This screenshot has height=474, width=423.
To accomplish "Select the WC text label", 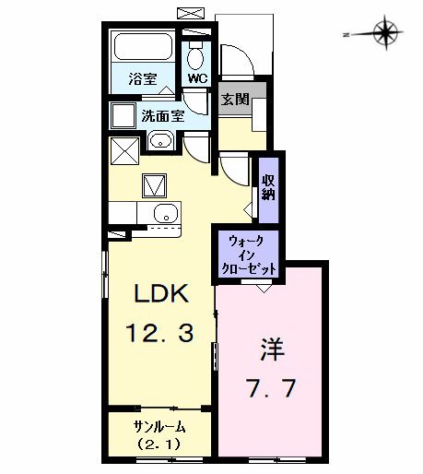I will pos(197,79).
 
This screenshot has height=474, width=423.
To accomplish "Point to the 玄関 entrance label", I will pos(234,99).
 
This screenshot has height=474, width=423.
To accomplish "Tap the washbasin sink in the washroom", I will pos(159,141).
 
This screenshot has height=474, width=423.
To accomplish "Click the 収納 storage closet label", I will pos(268,186).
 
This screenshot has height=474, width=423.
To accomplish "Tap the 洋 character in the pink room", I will pos(271,350).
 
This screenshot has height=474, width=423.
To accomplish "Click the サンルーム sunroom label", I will pos(159,426).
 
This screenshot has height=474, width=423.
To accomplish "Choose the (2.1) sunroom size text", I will pos(159,444).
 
